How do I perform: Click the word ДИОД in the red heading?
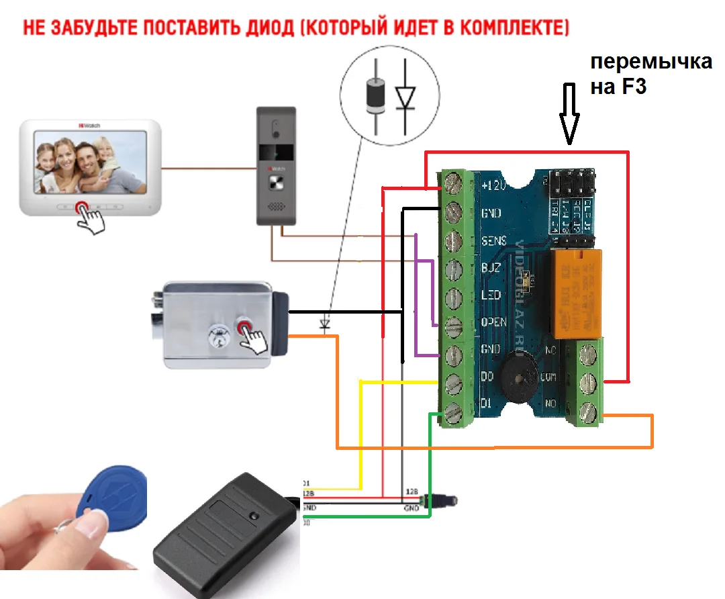tap(265, 28)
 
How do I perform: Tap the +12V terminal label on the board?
tap(493, 185)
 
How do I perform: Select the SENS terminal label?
tap(494, 240)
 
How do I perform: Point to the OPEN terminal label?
tap(494, 322)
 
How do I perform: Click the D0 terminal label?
tap(489, 377)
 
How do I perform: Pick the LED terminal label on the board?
tap(491, 295)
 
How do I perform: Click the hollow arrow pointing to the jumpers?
tap(569, 114)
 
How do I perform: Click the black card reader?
tap(225, 531)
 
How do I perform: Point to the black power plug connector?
tap(443, 500)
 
